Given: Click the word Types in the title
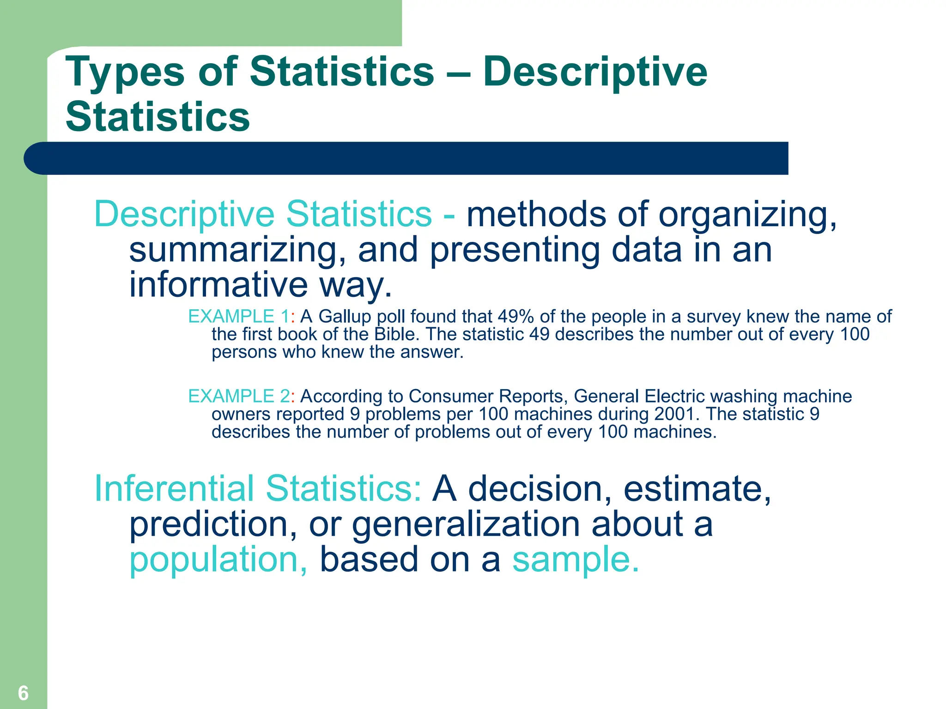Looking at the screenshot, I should (125, 72).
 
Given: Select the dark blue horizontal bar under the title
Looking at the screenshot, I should (406, 158).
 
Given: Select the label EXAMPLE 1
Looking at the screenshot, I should (239, 317).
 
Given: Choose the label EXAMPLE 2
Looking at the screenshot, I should (239, 397).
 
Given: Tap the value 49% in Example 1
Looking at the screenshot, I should (515, 317).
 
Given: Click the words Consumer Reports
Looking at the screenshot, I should (488, 397).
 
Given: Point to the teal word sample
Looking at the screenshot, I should (576, 559).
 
